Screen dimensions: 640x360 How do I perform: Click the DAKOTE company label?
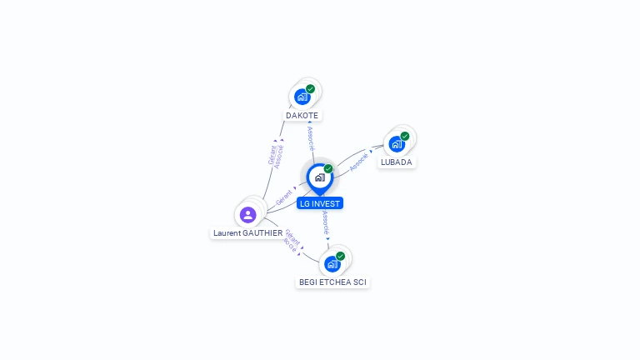click(x=302, y=115)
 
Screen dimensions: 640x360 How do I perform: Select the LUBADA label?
click(x=397, y=162)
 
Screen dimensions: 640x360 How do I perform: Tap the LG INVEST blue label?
click(x=320, y=203)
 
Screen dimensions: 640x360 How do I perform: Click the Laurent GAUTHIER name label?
click(x=247, y=233)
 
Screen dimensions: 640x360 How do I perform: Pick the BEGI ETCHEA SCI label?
click(x=332, y=282)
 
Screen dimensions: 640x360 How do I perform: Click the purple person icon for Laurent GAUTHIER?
click(x=247, y=214)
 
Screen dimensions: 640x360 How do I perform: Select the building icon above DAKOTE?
click(x=302, y=97)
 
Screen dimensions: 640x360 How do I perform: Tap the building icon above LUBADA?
click(x=397, y=143)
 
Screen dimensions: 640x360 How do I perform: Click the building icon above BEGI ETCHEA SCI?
click(x=332, y=264)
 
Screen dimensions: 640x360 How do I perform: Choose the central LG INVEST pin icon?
click(x=319, y=177)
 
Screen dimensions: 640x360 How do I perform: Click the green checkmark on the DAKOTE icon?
click(x=310, y=89)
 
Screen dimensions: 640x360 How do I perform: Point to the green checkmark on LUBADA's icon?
click(x=405, y=136)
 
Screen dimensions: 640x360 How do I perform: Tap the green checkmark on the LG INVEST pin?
click(x=328, y=169)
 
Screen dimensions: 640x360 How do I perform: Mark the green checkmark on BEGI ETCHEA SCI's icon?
click(x=341, y=256)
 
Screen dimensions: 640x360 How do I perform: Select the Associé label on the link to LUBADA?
click(x=359, y=162)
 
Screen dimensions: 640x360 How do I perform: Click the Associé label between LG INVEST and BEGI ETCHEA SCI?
click(x=325, y=222)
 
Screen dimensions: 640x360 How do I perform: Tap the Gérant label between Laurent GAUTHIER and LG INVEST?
click(x=284, y=197)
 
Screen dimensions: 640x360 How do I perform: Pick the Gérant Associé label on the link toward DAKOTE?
click(x=276, y=156)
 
